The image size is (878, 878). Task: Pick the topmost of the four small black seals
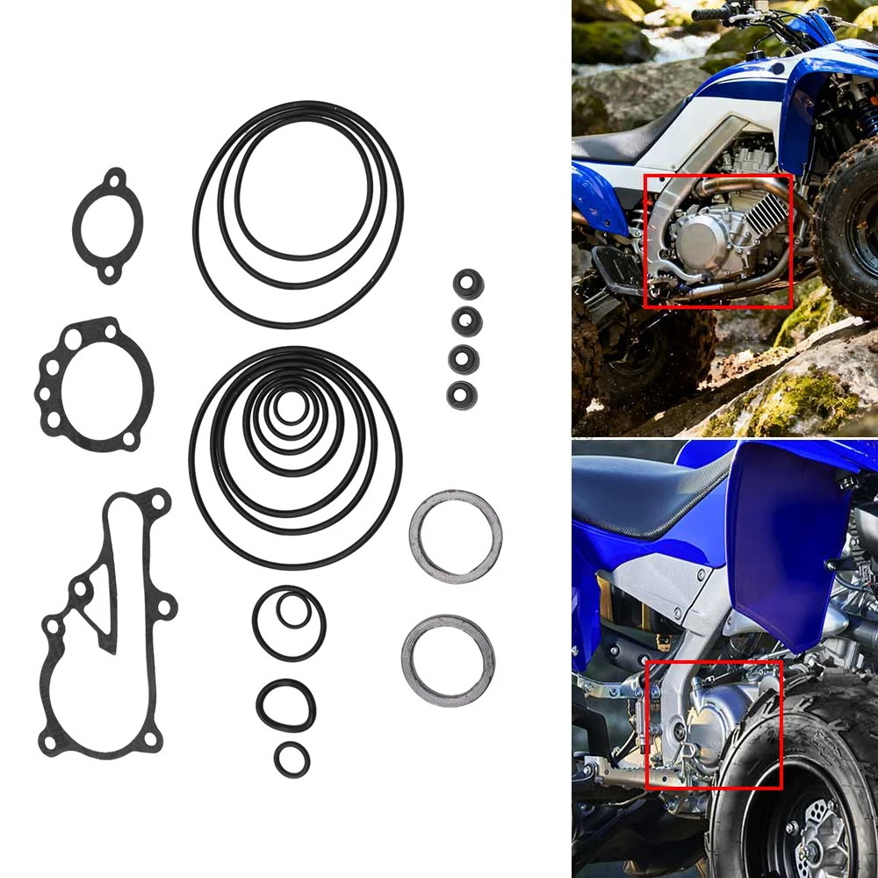467,284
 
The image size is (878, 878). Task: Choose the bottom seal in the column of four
463,394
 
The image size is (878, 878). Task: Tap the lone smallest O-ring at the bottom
291,759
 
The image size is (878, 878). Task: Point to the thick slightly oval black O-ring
286,704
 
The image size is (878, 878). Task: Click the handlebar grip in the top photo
707,14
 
